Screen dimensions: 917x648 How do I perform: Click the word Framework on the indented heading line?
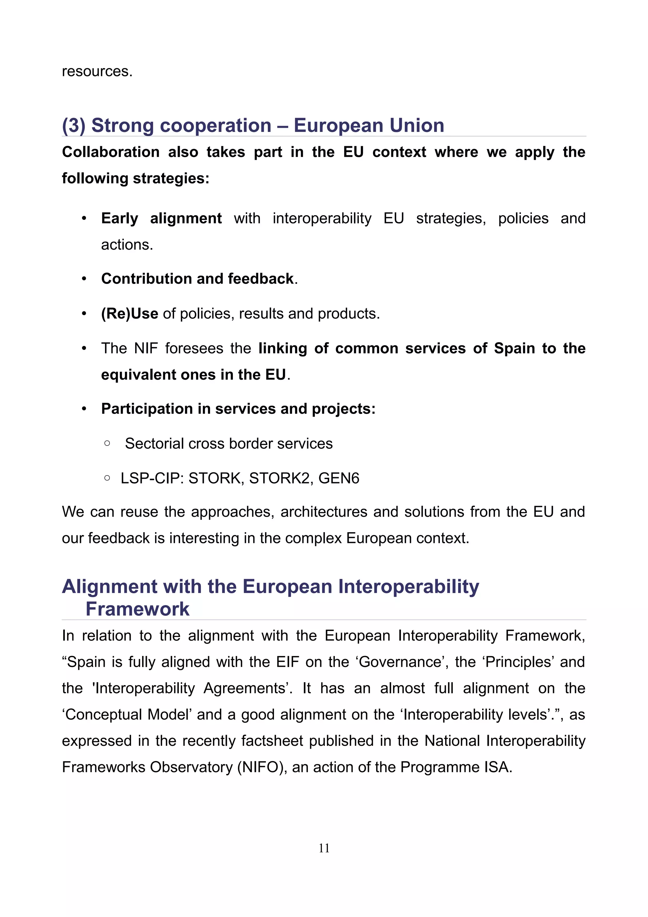[137, 609]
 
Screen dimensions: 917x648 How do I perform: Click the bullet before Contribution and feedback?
[84, 279]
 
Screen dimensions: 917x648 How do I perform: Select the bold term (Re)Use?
[129, 314]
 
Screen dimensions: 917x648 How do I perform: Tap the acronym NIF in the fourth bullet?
[146, 348]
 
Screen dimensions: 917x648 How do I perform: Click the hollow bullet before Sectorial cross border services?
[107, 443]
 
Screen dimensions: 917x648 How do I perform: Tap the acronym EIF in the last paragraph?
[288, 662]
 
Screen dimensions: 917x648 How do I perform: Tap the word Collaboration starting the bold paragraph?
[111, 152]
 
